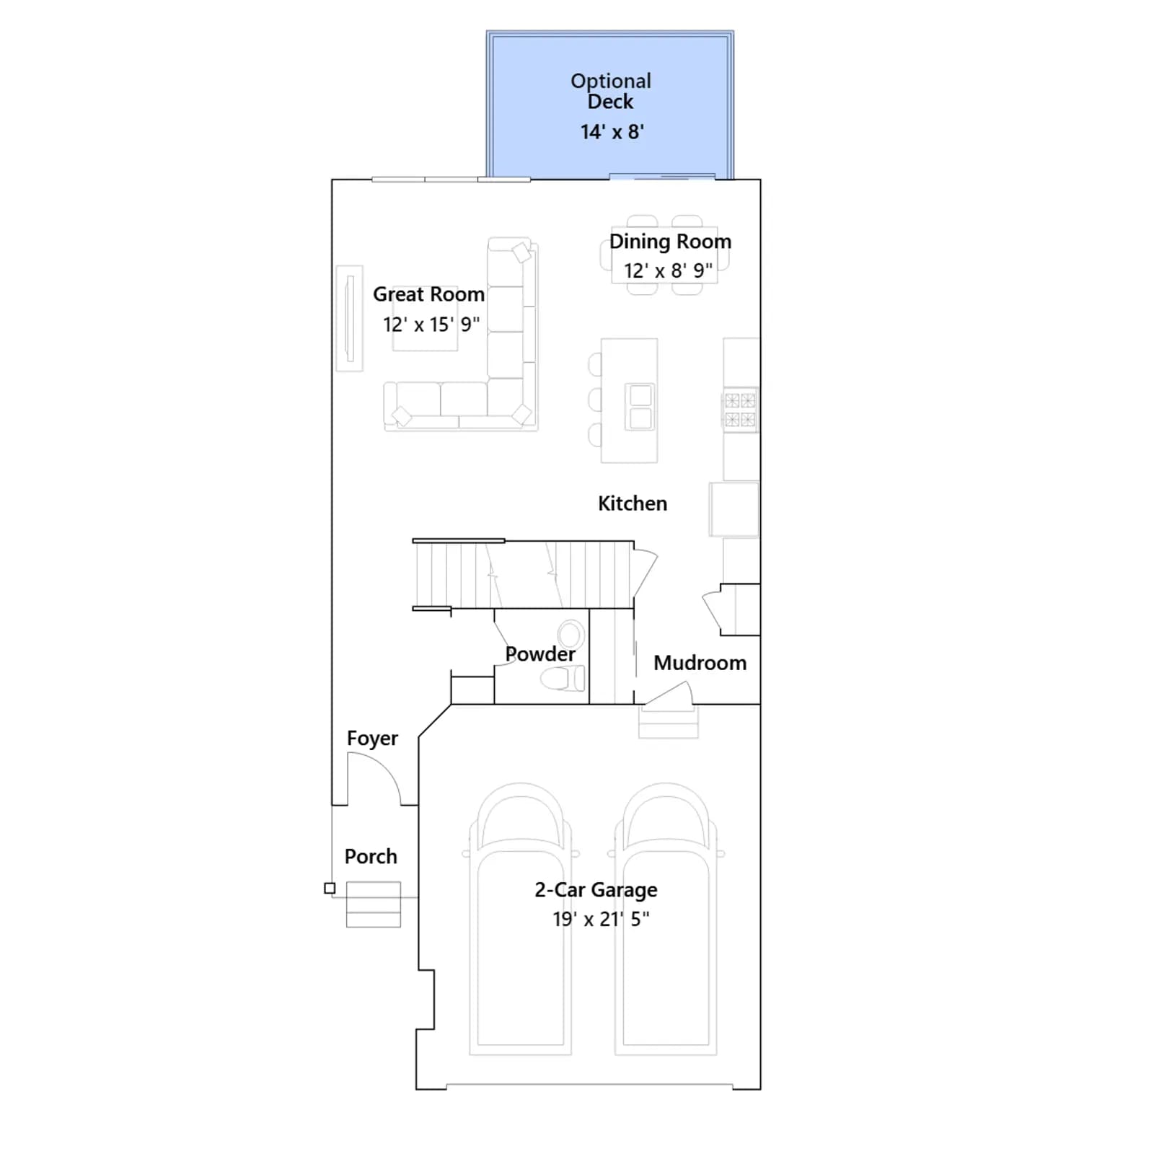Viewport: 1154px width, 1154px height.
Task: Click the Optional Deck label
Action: (x=611, y=91)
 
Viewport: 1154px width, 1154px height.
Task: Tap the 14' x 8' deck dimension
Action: (x=612, y=132)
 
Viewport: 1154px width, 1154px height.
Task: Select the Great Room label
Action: (x=428, y=294)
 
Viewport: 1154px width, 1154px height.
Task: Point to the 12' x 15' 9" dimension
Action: (x=431, y=325)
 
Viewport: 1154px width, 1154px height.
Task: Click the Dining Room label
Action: (x=670, y=242)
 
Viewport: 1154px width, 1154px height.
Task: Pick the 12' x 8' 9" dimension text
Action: (x=668, y=270)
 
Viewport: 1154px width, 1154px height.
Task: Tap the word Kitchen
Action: (x=633, y=503)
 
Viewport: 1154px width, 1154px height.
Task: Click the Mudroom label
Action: (x=700, y=663)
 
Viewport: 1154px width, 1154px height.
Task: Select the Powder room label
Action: (x=540, y=654)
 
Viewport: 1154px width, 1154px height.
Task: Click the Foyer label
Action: (x=372, y=739)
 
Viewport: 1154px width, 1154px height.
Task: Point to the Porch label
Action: (x=371, y=856)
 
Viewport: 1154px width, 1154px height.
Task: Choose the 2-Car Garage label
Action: (x=596, y=890)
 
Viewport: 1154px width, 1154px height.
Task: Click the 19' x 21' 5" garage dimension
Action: (x=601, y=919)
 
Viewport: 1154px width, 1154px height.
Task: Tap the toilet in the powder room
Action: (x=563, y=678)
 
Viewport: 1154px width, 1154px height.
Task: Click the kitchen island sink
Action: (x=640, y=406)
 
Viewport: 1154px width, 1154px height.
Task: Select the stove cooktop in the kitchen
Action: (x=740, y=410)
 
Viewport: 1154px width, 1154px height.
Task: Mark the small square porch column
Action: (x=330, y=888)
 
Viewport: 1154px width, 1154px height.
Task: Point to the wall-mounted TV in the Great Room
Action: (x=349, y=318)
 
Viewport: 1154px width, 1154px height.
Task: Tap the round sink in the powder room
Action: (x=571, y=635)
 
